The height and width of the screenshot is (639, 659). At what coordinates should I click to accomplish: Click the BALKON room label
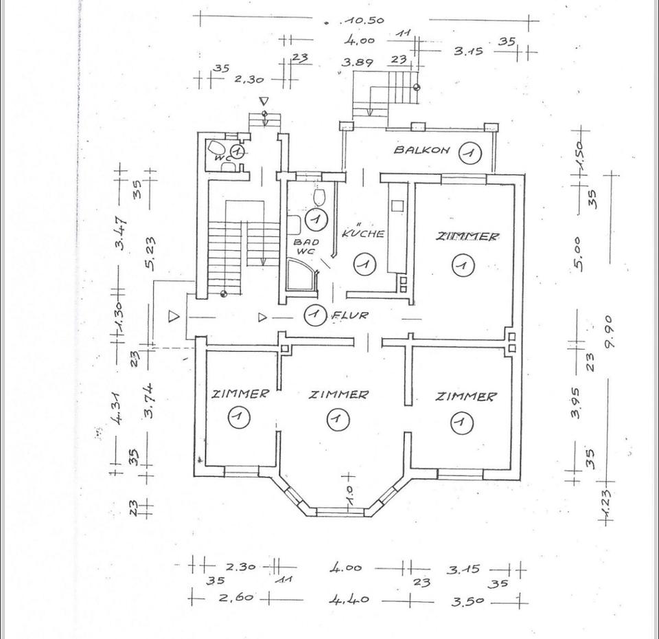pyautogui.click(x=421, y=150)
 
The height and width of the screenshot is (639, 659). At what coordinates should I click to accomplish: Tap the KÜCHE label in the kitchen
pyautogui.click(x=363, y=232)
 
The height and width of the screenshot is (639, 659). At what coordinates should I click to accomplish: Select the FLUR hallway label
pyautogui.click(x=350, y=316)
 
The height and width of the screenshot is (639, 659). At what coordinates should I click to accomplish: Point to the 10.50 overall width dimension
pyautogui.click(x=366, y=21)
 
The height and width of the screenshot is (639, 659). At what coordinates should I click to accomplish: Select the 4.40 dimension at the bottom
pyautogui.click(x=349, y=600)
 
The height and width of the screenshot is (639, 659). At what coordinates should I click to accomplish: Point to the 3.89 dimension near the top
pyautogui.click(x=357, y=62)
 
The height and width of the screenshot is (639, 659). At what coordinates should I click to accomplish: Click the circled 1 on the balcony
pyautogui.click(x=470, y=151)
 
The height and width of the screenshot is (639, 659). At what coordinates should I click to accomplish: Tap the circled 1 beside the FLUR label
pyautogui.click(x=314, y=315)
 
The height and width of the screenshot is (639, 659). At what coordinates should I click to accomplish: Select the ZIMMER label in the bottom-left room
pyautogui.click(x=240, y=394)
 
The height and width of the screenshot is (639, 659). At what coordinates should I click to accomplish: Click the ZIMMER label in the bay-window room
pyautogui.click(x=338, y=394)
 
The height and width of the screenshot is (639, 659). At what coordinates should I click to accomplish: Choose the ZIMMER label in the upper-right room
pyautogui.click(x=468, y=236)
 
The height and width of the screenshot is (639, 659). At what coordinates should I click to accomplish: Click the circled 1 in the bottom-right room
pyautogui.click(x=461, y=422)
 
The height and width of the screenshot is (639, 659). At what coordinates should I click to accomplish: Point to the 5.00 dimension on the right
pyautogui.click(x=578, y=253)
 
